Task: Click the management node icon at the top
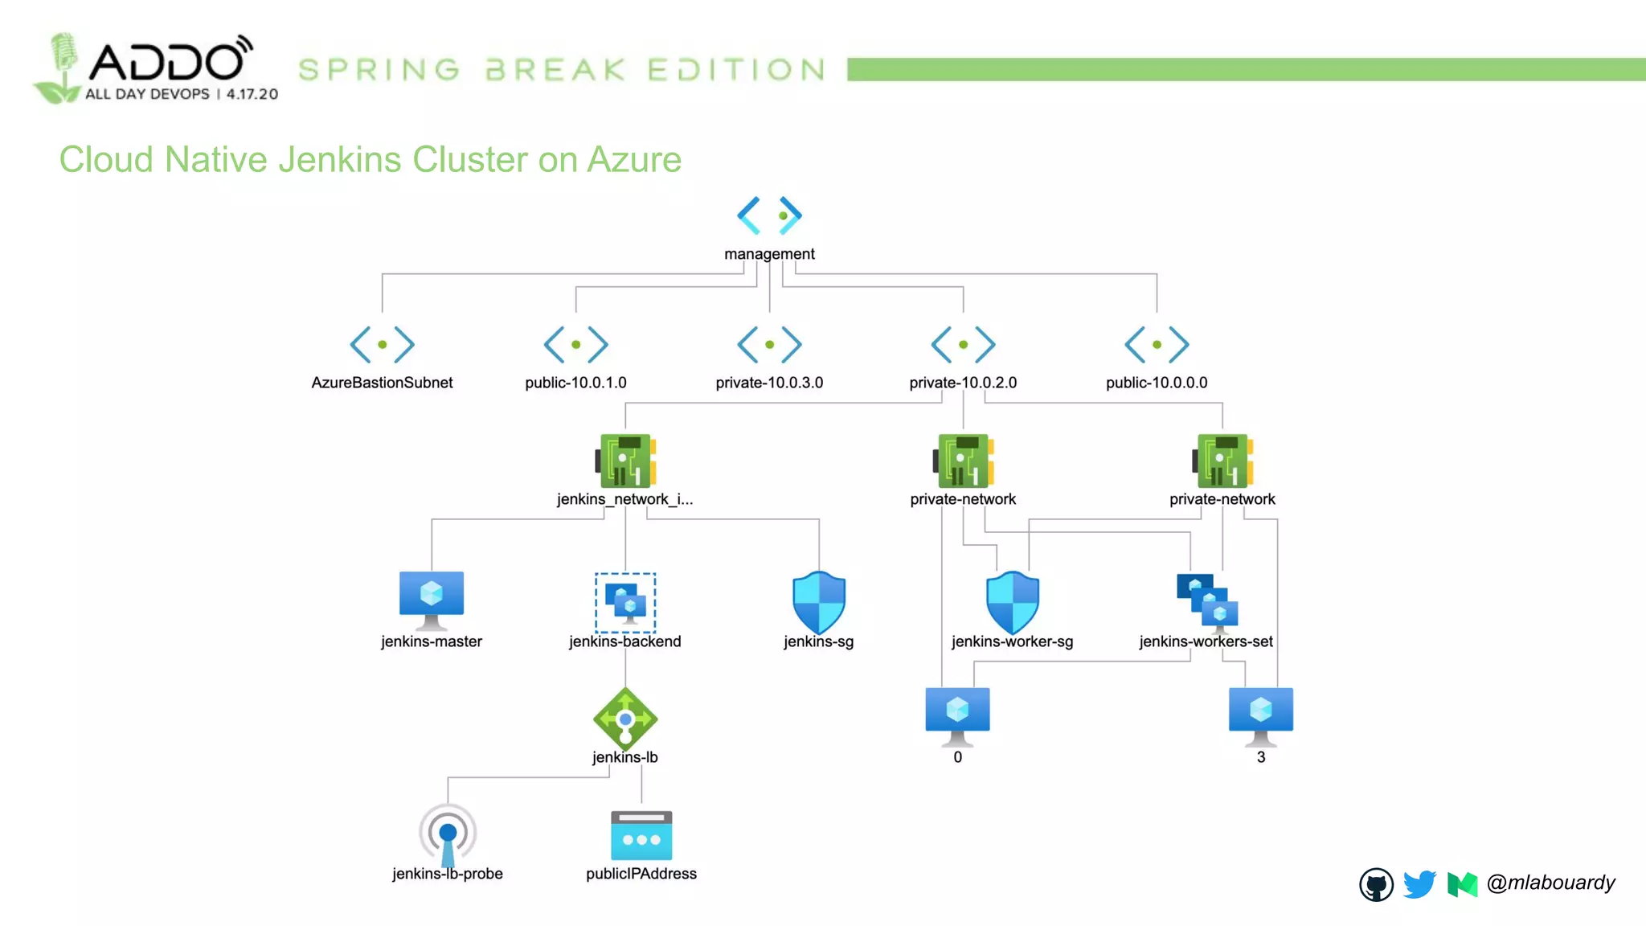click(x=769, y=215)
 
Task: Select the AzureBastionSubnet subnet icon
click(x=382, y=345)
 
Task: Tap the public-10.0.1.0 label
click(x=575, y=383)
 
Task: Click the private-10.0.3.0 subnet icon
click(x=769, y=345)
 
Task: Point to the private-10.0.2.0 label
click(x=963, y=383)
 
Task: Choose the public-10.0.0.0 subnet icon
click(x=1157, y=345)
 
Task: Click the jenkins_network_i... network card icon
click(x=625, y=461)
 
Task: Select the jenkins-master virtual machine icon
click(x=432, y=600)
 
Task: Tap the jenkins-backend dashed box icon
click(x=625, y=602)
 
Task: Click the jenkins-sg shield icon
click(x=819, y=602)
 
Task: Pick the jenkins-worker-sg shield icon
click(x=1013, y=602)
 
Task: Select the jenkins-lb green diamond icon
click(x=625, y=719)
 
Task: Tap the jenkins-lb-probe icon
click(x=448, y=834)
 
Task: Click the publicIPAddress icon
click(x=641, y=835)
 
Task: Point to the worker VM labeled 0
click(x=957, y=715)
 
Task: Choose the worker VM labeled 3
click(x=1261, y=715)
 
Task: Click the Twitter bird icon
click(x=1419, y=884)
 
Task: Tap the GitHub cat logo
click(x=1376, y=885)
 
